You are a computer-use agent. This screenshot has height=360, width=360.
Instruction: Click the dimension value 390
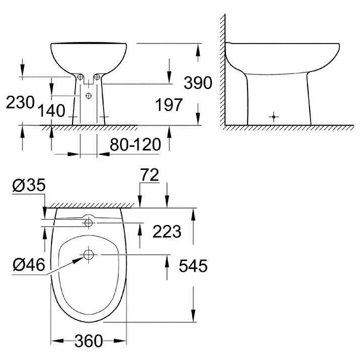[198, 82]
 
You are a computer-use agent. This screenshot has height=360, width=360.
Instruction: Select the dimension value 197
[169, 104]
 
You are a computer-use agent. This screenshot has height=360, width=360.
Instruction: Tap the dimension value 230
[20, 102]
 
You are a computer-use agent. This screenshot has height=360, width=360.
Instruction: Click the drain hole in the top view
[88, 255]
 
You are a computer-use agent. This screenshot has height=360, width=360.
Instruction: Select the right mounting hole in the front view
[97, 77]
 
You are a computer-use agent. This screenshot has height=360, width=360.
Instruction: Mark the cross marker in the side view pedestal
[273, 116]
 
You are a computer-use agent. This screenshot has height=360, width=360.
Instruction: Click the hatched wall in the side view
[221, 70]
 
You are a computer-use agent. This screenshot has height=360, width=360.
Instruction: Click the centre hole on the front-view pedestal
[88, 95]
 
